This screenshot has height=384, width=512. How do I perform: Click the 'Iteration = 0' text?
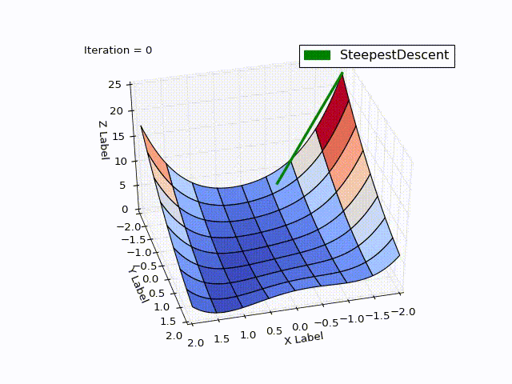pyautogui.click(x=118, y=50)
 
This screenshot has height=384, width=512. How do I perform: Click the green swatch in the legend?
pyautogui.click(x=316, y=55)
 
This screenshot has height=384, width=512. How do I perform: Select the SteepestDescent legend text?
pyautogui.click(x=394, y=55)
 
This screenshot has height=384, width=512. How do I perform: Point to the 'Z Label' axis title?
pyautogui.click(x=105, y=139)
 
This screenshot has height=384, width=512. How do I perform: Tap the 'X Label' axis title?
pyautogui.click(x=304, y=338)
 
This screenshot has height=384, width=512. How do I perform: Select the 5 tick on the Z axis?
pyautogui.click(x=123, y=186)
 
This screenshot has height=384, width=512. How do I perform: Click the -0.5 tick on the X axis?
pyautogui.click(x=326, y=322)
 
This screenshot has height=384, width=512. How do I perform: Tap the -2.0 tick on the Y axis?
pyautogui.click(x=128, y=227)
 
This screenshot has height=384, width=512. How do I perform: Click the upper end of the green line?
pyautogui.click(x=342, y=74)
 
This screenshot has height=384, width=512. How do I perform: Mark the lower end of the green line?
pyautogui.click(x=277, y=184)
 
